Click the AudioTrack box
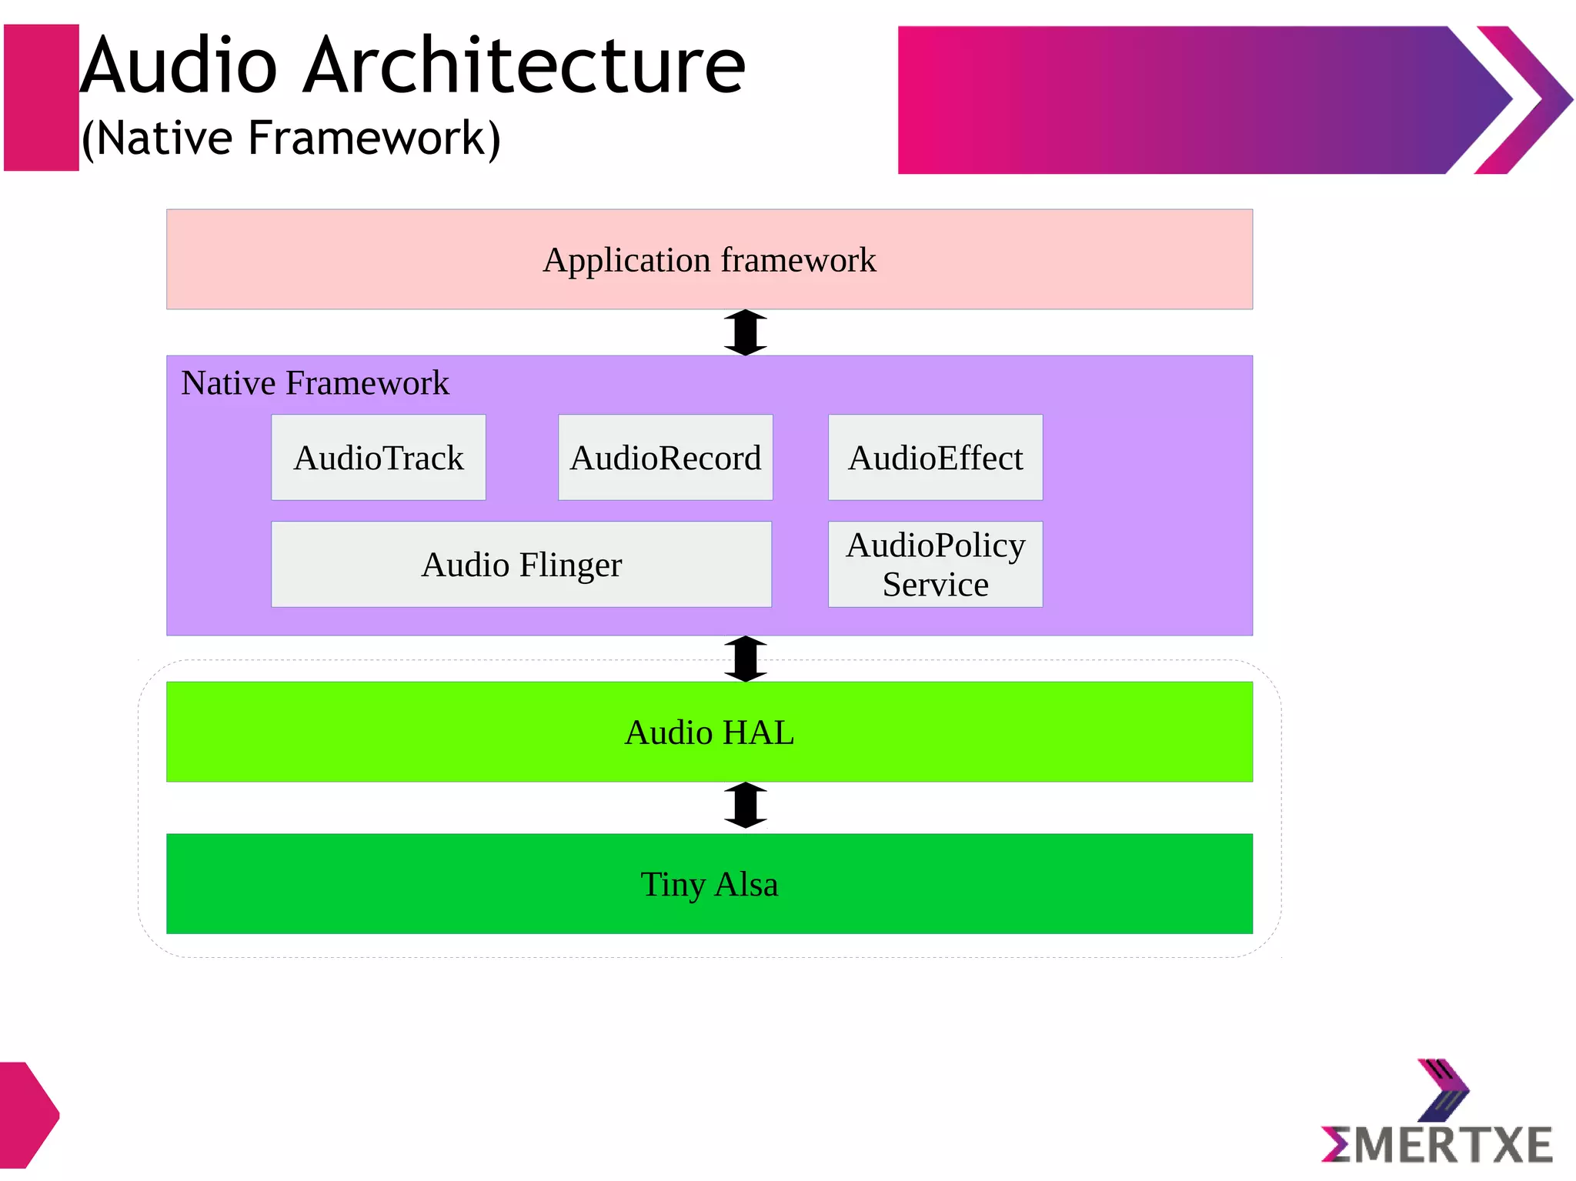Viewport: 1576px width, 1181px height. [378, 458]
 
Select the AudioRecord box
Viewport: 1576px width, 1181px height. [665, 458]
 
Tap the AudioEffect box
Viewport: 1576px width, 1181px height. [935, 458]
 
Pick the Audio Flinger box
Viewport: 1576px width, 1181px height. [521, 565]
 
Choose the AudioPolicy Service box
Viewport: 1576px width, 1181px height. [935, 565]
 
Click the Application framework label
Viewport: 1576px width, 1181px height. [709, 260]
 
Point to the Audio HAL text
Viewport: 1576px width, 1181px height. [709, 732]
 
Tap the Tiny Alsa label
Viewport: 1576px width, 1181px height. [709, 884]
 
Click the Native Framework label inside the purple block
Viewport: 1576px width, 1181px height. [315, 383]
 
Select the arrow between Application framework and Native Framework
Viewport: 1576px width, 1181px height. [745, 332]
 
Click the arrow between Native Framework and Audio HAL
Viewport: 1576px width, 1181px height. [745, 659]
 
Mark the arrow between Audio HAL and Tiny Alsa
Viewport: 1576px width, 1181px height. [745, 806]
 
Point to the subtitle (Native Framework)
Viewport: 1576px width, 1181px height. [291, 138]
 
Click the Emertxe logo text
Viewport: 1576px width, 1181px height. [1437, 1146]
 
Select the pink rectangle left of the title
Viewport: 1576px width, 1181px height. [42, 98]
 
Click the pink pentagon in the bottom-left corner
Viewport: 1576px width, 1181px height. [27, 1115]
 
